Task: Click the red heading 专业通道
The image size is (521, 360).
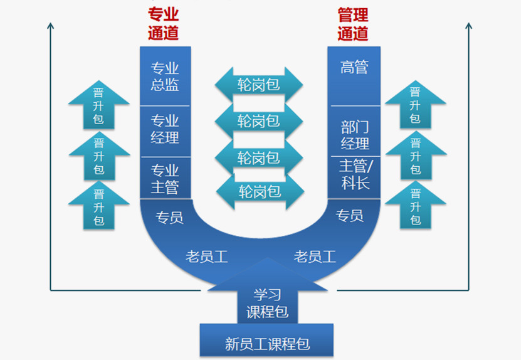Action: tap(164, 24)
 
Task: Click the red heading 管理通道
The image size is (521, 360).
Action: tap(353, 24)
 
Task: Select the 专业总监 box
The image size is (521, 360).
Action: tap(165, 77)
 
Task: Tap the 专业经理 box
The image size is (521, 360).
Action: tap(165, 130)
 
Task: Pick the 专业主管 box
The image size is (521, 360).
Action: tap(165, 179)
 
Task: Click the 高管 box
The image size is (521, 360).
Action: tap(354, 68)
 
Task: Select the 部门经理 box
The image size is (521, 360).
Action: tap(355, 135)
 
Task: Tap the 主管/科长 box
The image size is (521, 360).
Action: tap(355, 174)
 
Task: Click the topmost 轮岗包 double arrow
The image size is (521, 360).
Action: tap(258, 84)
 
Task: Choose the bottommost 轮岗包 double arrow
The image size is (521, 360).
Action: tap(258, 191)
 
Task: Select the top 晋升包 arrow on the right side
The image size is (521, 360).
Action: tap(415, 104)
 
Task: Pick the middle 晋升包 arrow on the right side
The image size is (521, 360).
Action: tap(415, 155)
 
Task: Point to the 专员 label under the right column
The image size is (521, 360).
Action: tap(350, 216)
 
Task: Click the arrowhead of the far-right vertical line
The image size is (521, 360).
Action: tap(468, 26)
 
